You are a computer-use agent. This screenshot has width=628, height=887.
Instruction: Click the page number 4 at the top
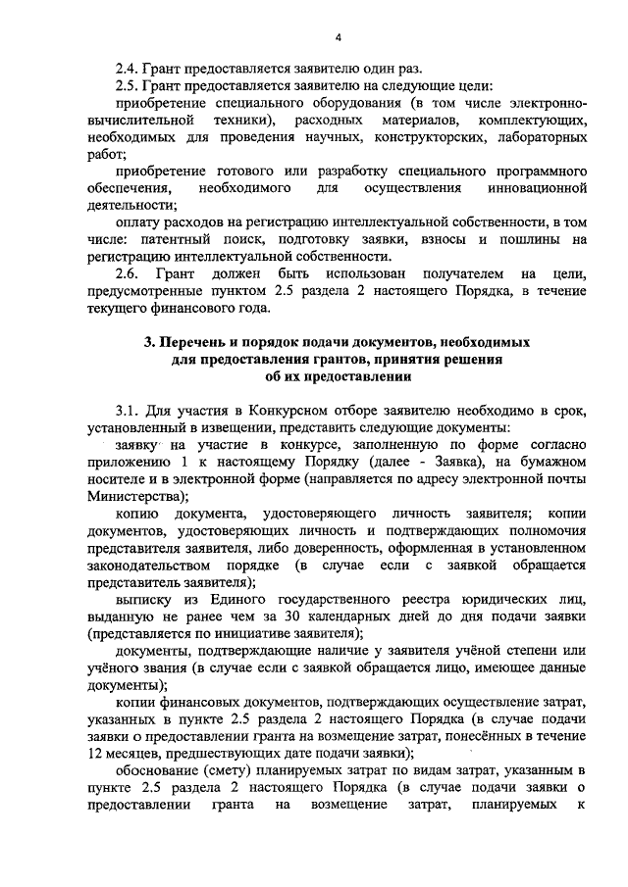coord(337,38)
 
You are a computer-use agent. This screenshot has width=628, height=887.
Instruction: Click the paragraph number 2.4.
coord(129,70)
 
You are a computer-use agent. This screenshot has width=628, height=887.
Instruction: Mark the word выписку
coord(145,600)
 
